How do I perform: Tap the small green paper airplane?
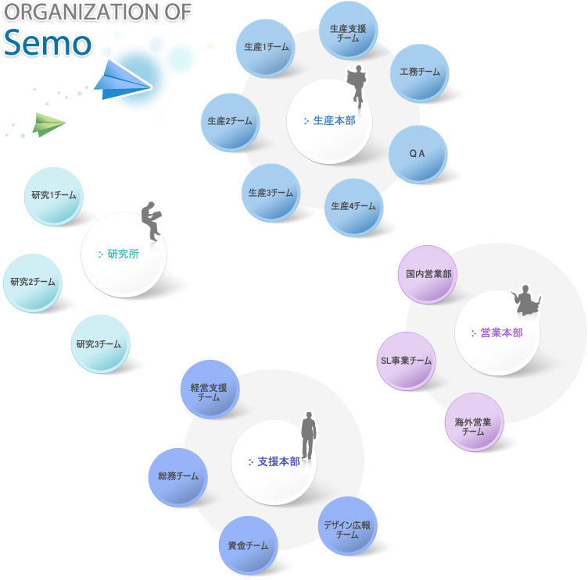pyautogui.click(x=48, y=123)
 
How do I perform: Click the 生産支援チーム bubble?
pyautogui.click(x=349, y=31)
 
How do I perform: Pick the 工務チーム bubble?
pyautogui.click(x=419, y=73)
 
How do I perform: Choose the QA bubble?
pyautogui.click(x=418, y=154)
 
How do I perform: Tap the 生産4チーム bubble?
pyautogui.click(x=353, y=207)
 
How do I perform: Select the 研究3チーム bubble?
pyautogui.click(x=100, y=344)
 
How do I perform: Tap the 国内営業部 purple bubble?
pyautogui.click(x=428, y=275)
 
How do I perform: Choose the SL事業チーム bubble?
pyautogui.click(x=406, y=361)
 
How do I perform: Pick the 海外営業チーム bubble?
pyautogui.click(x=474, y=422)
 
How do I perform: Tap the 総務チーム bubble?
pyautogui.click(x=177, y=477)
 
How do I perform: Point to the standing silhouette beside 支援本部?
pyautogui.click(x=310, y=436)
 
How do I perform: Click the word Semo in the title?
pyautogui.click(x=47, y=43)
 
